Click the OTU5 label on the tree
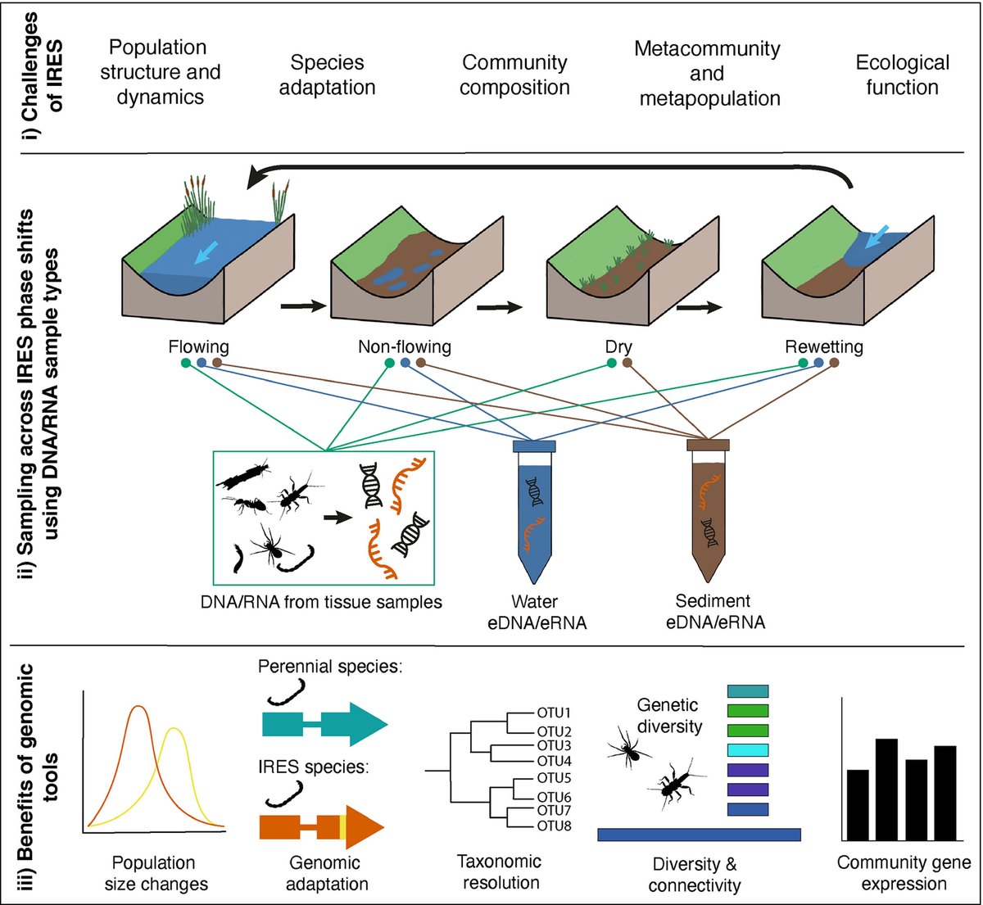pyautogui.click(x=554, y=778)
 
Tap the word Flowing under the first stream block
pyautogui.click(x=198, y=347)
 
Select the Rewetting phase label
pyautogui.click(x=824, y=347)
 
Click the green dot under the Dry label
pyautogui.click(x=612, y=363)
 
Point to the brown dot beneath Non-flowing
pyautogui.click(x=420, y=363)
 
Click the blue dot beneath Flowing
pyautogui.click(x=202, y=363)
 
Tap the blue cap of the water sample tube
pyautogui.click(x=534, y=446)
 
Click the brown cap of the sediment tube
pyautogui.click(x=708, y=445)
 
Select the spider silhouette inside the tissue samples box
pyautogui.click(x=271, y=545)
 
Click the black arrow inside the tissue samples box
pyautogui.click(x=337, y=518)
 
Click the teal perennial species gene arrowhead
pyautogui.click(x=368, y=724)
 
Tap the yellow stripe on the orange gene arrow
pyautogui.click(x=343, y=827)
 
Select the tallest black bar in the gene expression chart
pyautogui.click(x=886, y=790)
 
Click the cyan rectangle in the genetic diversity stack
pyautogui.click(x=748, y=750)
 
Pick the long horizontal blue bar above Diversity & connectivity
pyautogui.click(x=700, y=835)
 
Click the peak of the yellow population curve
pyautogui.click(x=174, y=729)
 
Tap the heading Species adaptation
pyautogui.click(x=327, y=75)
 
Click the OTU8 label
pyautogui.click(x=554, y=826)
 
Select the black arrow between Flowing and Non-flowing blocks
pyautogui.click(x=303, y=306)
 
